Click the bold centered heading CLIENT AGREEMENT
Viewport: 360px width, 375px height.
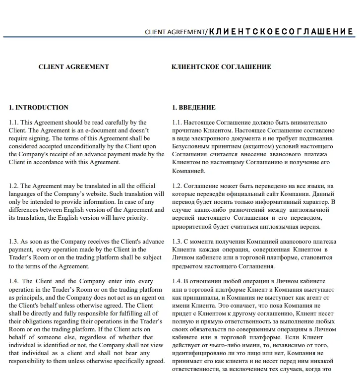73,67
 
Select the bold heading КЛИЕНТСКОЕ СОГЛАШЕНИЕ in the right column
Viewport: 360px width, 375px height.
221,67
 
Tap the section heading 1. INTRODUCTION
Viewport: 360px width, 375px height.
39,107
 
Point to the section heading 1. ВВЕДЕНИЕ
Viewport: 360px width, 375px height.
194,107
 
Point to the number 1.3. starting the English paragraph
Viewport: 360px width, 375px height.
14,242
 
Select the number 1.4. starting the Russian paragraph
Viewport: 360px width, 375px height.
177,281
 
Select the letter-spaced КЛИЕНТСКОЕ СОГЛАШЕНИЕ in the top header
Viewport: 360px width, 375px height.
281,32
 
